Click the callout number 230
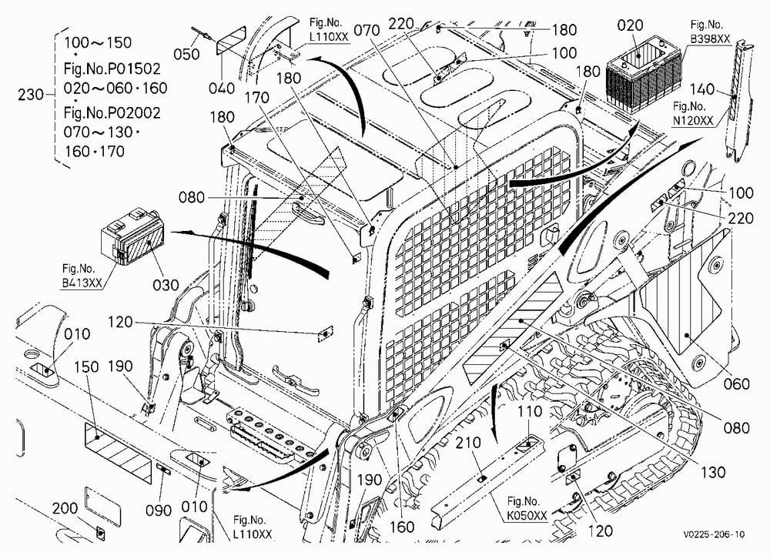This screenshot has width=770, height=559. point(31,94)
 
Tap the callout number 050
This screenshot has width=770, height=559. point(186,54)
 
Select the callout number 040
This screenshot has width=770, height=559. point(222,89)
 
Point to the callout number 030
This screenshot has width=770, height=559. point(166,285)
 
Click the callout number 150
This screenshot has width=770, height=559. point(86,367)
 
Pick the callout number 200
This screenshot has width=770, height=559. point(65,508)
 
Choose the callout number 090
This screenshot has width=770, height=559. point(158,510)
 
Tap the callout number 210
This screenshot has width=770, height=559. point(468,443)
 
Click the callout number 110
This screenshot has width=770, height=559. point(529,411)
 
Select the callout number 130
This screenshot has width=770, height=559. point(712,473)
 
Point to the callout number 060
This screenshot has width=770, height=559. point(737,383)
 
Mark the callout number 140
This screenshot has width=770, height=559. point(702,89)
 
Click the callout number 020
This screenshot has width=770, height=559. point(630,25)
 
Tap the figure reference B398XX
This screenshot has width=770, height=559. point(710,38)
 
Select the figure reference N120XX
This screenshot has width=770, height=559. point(693,120)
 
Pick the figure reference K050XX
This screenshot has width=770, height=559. point(527,515)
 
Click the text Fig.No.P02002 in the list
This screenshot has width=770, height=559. point(112,113)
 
